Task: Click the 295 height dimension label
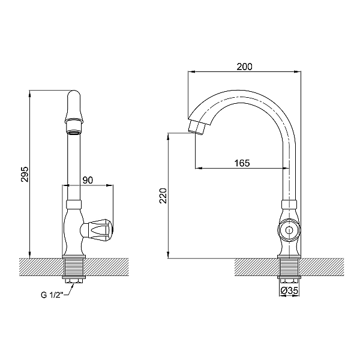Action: tap(24, 173)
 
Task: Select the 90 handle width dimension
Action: tap(88, 180)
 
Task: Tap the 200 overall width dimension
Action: tap(244, 67)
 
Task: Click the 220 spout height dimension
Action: tap(163, 197)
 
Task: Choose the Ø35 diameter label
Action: tap(290, 292)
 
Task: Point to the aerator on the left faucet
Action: tap(73, 132)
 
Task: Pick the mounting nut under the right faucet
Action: tap(289, 280)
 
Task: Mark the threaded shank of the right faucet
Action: tap(289, 266)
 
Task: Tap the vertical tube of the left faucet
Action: tap(73, 162)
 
